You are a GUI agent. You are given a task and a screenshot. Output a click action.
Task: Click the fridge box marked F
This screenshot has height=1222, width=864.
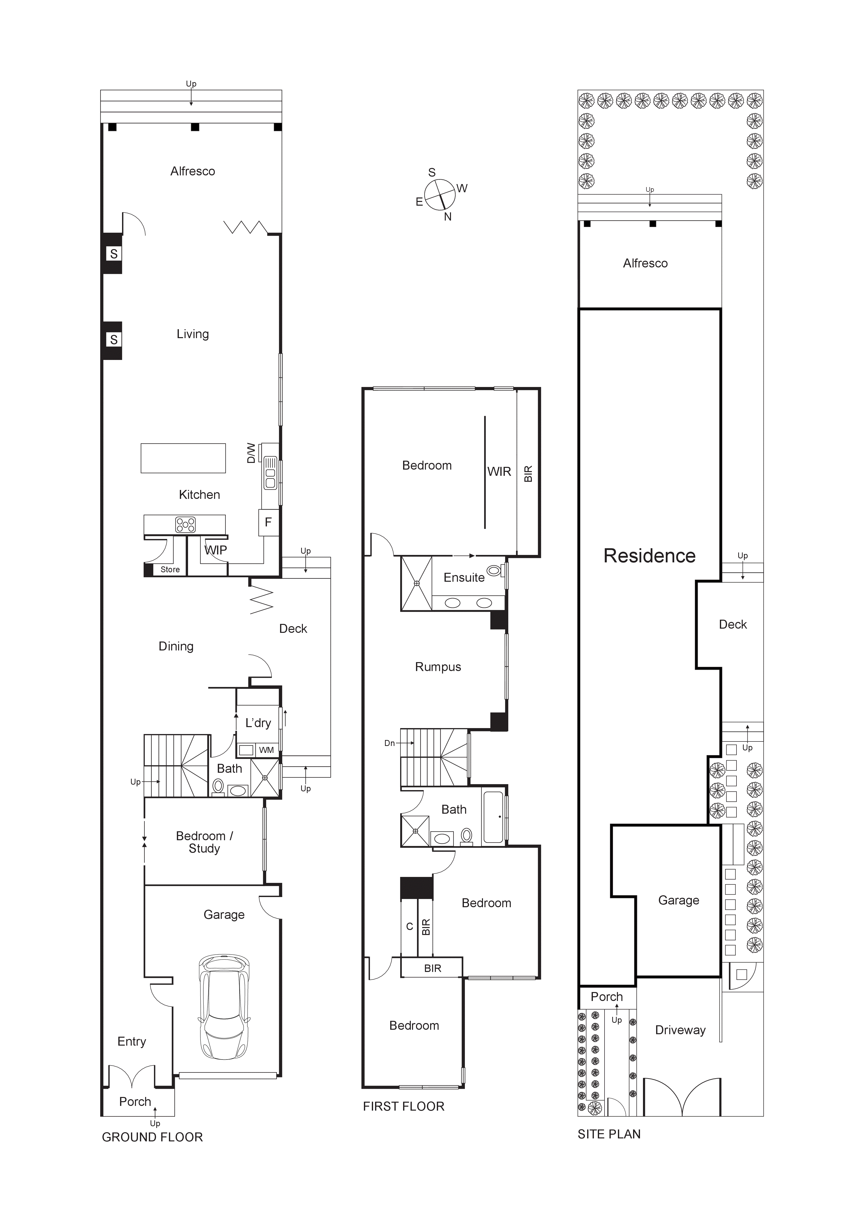click(268, 522)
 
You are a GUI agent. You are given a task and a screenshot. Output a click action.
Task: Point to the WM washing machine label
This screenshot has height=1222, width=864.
click(266, 750)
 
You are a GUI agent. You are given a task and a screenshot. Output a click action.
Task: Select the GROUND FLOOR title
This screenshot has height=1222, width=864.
click(152, 1137)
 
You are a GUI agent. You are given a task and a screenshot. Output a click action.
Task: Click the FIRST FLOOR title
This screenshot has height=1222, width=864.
click(404, 1106)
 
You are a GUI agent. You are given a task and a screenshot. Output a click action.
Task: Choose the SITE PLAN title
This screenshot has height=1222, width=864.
click(609, 1134)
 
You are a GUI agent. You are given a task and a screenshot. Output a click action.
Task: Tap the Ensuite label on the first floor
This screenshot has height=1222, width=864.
click(464, 578)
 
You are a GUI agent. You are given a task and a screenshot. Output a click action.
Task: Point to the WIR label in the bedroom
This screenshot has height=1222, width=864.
click(499, 472)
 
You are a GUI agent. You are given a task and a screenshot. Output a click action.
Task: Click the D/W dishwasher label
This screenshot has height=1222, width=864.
click(251, 453)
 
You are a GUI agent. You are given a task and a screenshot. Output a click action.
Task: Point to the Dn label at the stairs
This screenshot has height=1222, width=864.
click(390, 743)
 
